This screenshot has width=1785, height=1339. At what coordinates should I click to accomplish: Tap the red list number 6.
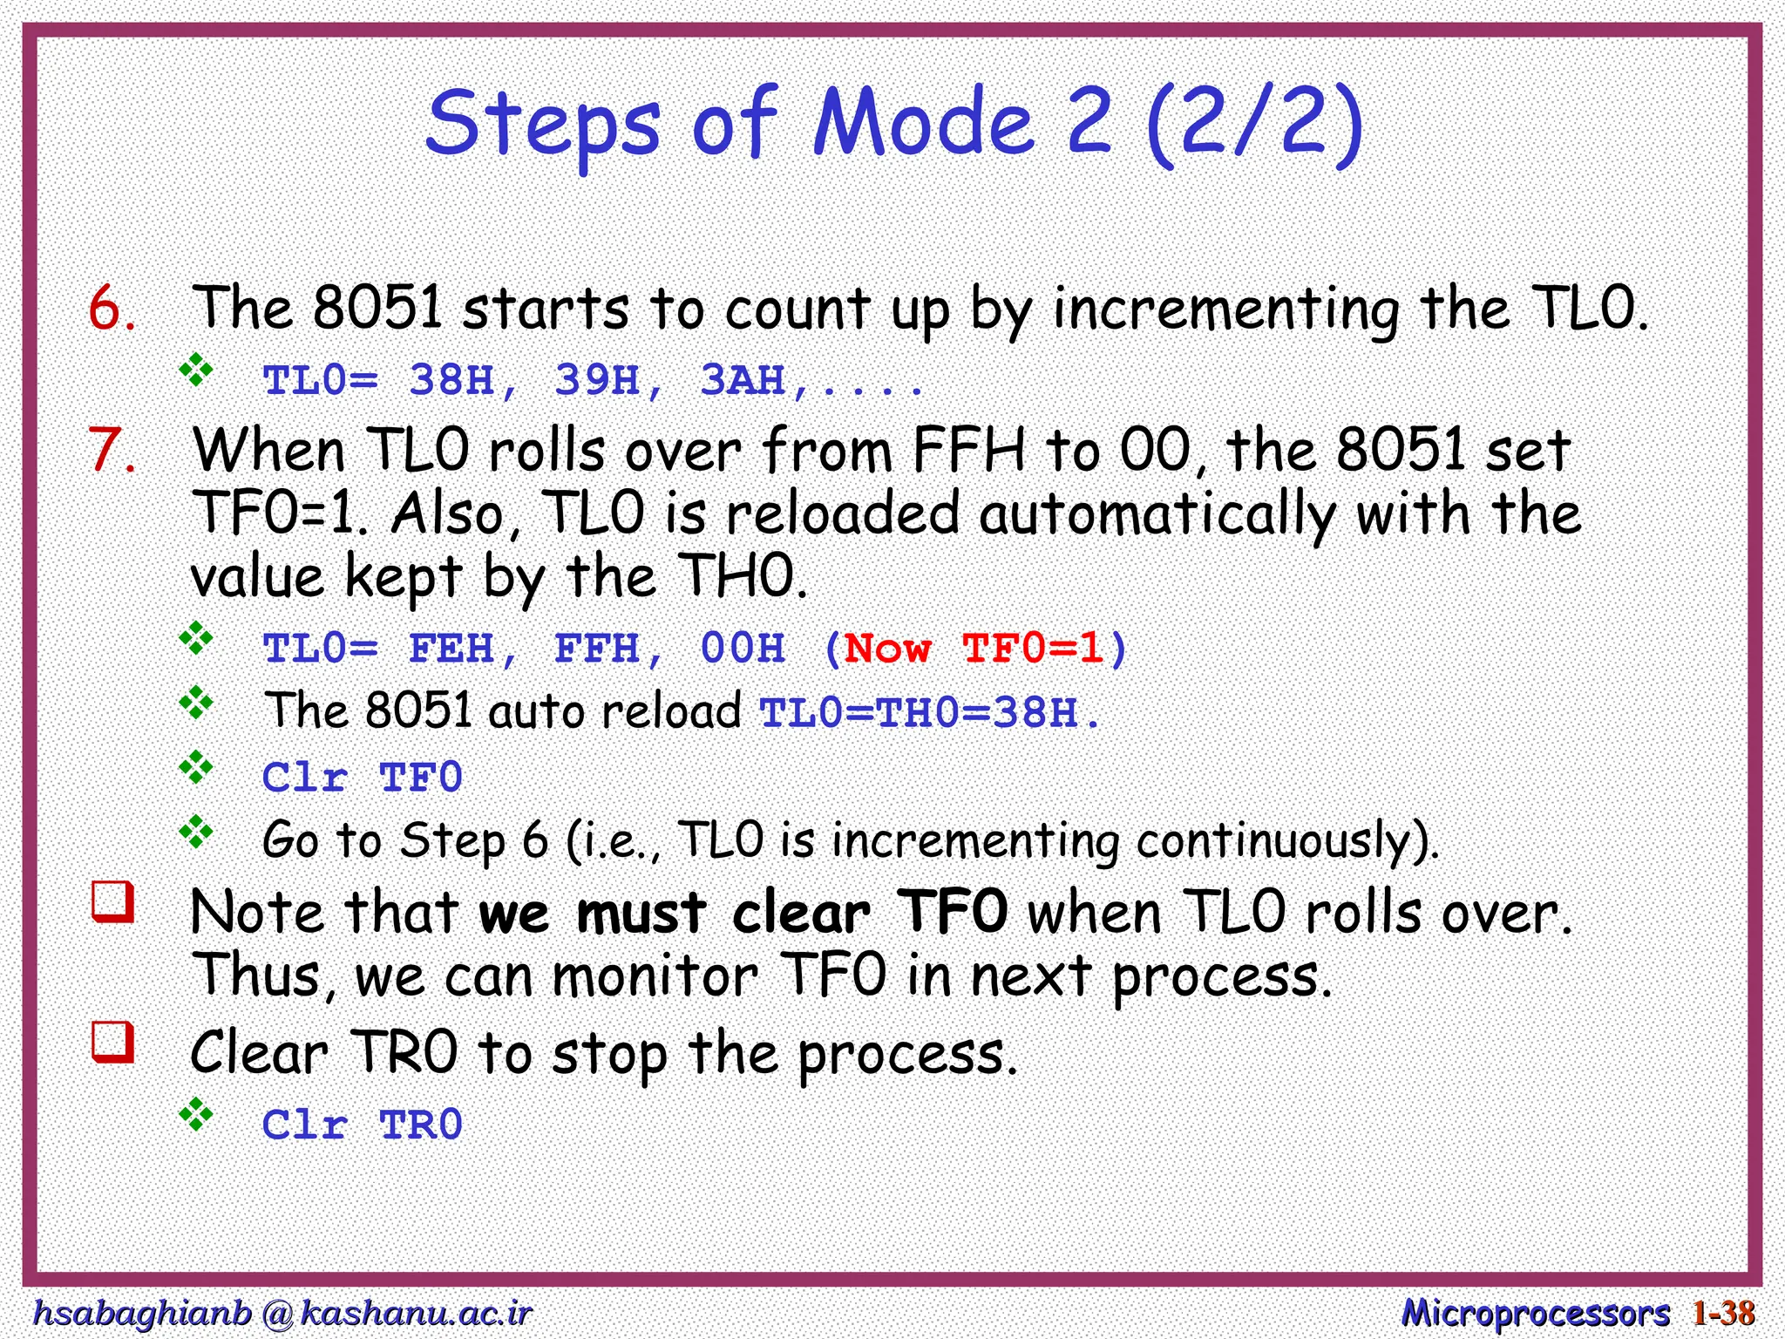(x=112, y=309)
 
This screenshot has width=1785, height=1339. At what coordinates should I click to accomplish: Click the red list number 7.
(x=112, y=451)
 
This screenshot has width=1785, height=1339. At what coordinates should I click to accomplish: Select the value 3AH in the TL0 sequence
(x=743, y=381)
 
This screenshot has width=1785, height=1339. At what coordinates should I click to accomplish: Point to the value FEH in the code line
(x=451, y=649)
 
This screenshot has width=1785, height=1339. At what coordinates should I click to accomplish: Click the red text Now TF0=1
(x=974, y=649)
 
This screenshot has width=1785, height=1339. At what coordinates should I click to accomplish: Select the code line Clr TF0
(x=362, y=777)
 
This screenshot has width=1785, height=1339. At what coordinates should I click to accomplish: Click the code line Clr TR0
(x=362, y=1125)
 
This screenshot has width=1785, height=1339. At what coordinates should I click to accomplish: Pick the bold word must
(x=641, y=914)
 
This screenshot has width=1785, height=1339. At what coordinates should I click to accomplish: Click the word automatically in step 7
(x=1157, y=514)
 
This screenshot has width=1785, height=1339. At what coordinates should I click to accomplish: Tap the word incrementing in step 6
(x=1226, y=309)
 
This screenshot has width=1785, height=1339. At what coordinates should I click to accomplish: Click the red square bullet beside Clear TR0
(x=113, y=1043)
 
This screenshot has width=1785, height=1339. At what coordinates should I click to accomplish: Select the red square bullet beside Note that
(x=113, y=902)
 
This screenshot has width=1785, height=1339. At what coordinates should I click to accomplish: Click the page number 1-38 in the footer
(x=1722, y=1313)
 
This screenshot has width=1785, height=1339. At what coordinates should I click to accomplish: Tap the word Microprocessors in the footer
(x=1535, y=1313)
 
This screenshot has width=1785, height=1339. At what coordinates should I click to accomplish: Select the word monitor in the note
(x=655, y=976)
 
